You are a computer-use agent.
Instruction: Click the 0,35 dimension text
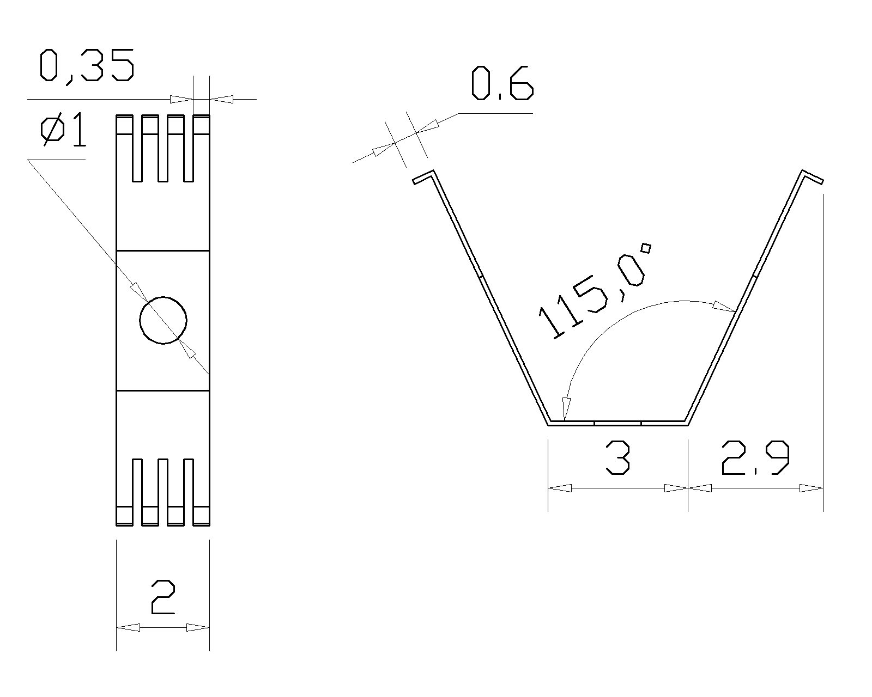(x=87, y=66)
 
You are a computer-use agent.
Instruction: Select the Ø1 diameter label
(x=63, y=129)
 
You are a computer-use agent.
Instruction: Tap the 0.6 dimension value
(x=502, y=83)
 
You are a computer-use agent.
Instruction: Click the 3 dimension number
(x=617, y=457)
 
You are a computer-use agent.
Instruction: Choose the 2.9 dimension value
(x=756, y=457)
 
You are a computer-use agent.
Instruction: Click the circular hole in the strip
(x=163, y=320)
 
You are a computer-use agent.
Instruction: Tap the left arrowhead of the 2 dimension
(x=128, y=627)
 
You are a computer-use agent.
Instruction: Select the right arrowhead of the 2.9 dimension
(x=811, y=488)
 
